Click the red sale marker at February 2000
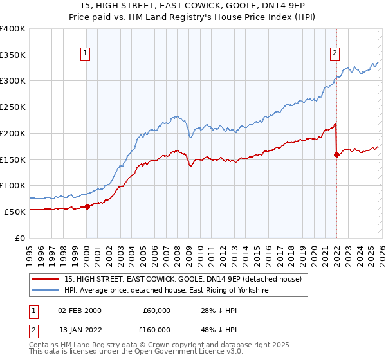(87, 206)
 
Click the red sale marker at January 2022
(336, 154)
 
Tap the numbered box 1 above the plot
(86, 54)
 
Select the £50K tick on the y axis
(15, 212)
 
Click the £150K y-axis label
(13, 159)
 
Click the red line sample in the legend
(45, 280)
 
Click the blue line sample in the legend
(45, 291)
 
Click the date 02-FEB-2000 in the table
(79, 310)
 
